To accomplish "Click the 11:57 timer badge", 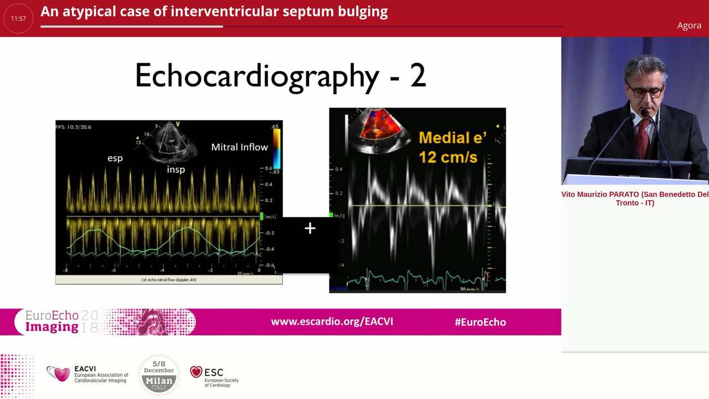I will click(18, 18).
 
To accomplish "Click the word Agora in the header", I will click(689, 25).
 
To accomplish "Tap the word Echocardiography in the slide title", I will click(257, 75).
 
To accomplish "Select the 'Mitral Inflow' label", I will click(239, 147).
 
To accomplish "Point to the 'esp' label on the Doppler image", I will click(115, 158).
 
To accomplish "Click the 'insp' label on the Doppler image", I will click(176, 170).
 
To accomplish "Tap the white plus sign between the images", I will click(310, 228).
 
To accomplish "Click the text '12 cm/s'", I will click(448, 157).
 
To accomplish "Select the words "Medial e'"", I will click(452, 138).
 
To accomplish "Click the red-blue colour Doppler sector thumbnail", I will click(380, 125).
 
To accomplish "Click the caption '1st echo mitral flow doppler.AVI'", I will click(168, 280).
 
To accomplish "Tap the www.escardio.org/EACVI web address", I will click(332, 322).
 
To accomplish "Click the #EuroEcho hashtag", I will click(480, 322).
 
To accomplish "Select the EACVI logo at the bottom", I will click(87, 374).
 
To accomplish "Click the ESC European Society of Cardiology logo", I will click(214, 376).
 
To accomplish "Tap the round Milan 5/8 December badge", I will click(159, 375).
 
